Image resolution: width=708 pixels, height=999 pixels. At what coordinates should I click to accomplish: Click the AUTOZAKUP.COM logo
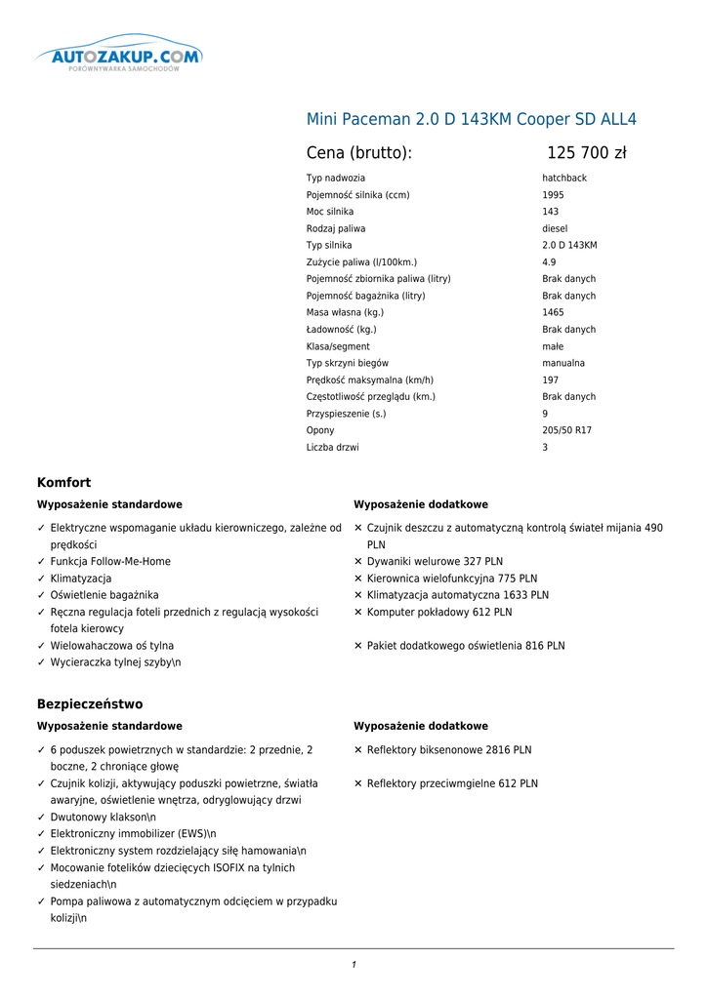click(119, 58)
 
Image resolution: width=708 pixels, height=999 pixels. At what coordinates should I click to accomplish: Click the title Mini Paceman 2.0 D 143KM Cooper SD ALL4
click(472, 120)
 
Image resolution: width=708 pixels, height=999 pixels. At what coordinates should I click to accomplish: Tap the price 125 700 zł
click(586, 153)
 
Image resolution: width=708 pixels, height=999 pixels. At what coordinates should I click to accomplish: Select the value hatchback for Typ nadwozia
click(564, 179)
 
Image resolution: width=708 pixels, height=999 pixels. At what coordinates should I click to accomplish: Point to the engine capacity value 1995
click(553, 195)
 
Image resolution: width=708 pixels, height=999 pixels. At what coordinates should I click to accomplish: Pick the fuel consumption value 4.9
click(549, 262)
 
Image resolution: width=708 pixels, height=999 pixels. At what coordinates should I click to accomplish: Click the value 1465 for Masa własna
click(553, 313)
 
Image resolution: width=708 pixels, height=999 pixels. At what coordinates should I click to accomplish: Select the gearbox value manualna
click(563, 363)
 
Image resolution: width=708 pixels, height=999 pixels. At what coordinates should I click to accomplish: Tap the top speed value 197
click(550, 380)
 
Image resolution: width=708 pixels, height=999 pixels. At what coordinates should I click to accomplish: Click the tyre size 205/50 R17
click(566, 430)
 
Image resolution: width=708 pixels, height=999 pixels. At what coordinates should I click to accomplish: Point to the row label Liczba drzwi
click(332, 448)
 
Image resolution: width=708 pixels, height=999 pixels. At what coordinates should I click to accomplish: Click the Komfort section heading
click(63, 483)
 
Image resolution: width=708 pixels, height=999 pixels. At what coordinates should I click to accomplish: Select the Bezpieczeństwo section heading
click(90, 704)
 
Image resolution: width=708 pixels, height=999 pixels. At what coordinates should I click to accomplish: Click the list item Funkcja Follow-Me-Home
click(110, 562)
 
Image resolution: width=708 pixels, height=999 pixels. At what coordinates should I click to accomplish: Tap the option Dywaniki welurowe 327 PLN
click(435, 562)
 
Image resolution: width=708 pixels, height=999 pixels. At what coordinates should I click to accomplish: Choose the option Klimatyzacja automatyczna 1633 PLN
click(457, 595)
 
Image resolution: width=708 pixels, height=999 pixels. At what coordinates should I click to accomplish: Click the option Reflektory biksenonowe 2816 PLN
click(449, 750)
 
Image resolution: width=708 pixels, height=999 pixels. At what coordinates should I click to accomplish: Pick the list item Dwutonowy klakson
click(103, 818)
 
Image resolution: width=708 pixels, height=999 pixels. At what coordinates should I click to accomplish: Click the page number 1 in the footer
click(354, 965)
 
